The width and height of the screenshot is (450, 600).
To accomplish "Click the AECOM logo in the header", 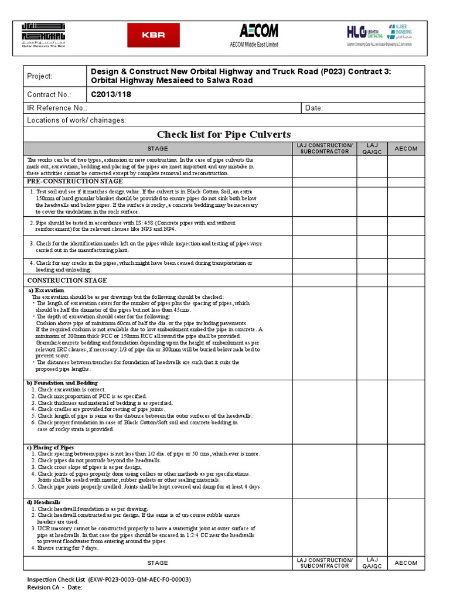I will (x=258, y=35).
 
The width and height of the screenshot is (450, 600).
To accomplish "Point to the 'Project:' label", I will (x=40, y=76).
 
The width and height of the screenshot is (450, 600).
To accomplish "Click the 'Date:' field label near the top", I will (x=313, y=108).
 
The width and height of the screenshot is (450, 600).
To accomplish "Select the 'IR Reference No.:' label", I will (x=57, y=108).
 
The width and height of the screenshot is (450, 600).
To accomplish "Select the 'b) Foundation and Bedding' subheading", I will (x=62, y=383).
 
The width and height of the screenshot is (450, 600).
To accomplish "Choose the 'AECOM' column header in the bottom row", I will (x=406, y=562).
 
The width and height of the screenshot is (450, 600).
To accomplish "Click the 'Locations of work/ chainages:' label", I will (x=77, y=120).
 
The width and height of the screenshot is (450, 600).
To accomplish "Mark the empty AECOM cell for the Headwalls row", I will (x=406, y=526).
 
